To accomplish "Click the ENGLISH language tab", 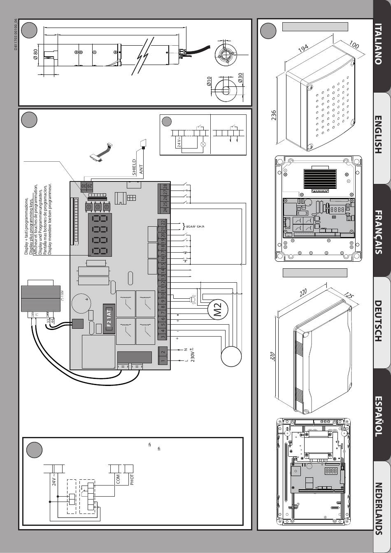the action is (x=381, y=135).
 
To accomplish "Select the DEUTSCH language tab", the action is (x=381, y=321).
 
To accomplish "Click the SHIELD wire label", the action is (x=134, y=167).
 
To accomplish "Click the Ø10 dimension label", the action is (x=209, y=81).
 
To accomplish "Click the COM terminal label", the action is (x=118, y=479).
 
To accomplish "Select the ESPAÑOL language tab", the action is (x=381, y=416).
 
